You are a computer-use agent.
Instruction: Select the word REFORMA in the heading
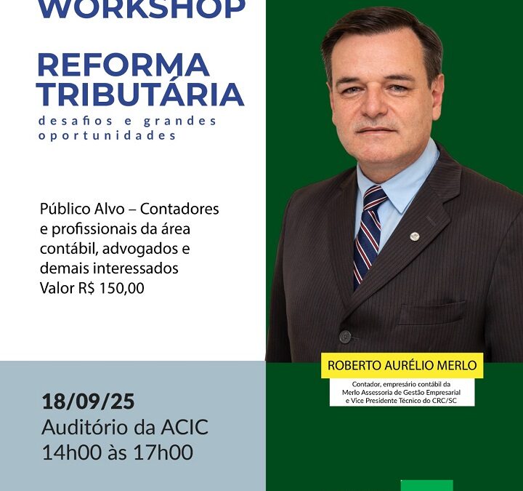click(x=123, y=65)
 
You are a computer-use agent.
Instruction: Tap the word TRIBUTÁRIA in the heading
click(x=139, y=95)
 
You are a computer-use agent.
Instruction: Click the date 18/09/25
click(x=88, y=402)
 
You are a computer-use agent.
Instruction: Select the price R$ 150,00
click(x=112, y=288)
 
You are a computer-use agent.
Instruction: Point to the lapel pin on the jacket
click(x=414, y=236)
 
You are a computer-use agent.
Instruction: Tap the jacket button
click(x=345, y=336)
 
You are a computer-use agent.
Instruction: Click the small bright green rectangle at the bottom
click(x=426, y=485)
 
